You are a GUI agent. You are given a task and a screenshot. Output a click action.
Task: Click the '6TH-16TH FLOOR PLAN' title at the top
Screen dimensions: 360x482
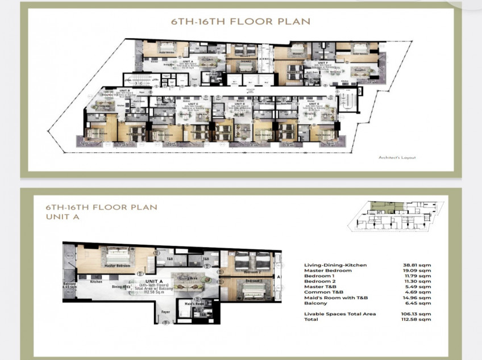(x=241, y=22)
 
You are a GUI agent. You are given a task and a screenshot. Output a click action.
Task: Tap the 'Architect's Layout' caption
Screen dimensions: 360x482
(x=397, y=157)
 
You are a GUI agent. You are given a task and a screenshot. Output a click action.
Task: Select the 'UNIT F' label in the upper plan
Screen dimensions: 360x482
(x=322, y=62)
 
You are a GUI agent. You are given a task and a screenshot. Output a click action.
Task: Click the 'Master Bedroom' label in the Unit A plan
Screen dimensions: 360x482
(x=117, y=265)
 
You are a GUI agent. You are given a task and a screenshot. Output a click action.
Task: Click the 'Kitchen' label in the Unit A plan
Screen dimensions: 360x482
(x=95, y=281)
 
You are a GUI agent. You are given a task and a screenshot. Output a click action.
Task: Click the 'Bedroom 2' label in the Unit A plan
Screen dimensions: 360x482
(x=252, y=273)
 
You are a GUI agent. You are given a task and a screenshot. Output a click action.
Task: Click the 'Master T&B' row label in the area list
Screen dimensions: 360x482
(x=320, y=287)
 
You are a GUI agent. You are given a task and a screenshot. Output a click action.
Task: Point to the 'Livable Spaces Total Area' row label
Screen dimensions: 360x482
(x=340, y=314)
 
